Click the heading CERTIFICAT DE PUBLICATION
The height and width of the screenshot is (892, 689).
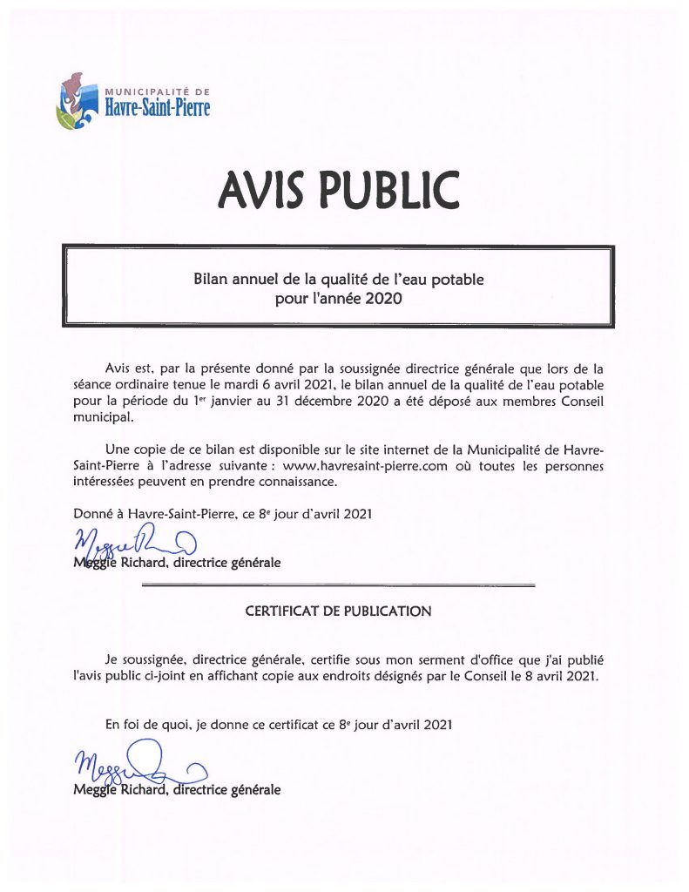click(x=339, y=612)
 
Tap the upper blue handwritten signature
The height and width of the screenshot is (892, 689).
click(x=131, y=547)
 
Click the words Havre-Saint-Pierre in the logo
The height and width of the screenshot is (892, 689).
click(x=158, y=108)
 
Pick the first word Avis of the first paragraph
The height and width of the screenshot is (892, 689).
click(x=118, y=368)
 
